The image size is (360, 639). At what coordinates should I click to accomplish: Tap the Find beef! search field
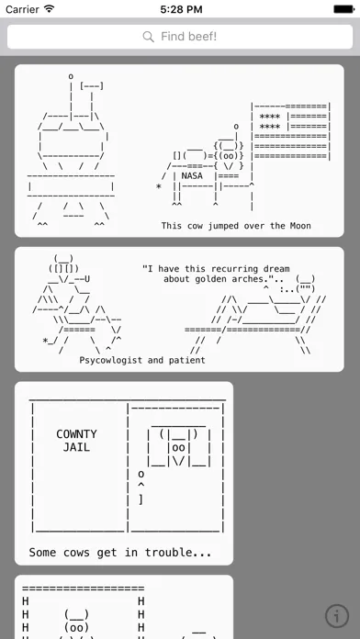tap(180, 37)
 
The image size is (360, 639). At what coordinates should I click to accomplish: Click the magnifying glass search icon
tap(149, 37)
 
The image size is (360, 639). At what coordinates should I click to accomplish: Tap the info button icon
tap(337, 615)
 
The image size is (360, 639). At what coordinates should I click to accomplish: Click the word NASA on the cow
tap(192, 175)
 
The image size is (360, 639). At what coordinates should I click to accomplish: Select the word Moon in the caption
tap(301, 226)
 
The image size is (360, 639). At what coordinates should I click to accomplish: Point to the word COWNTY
tap(76, 434)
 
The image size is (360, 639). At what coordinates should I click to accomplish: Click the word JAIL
tap(76, 447)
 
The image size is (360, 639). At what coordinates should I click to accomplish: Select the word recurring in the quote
tap(232, 269)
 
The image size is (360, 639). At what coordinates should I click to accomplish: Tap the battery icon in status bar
tap(343, 9)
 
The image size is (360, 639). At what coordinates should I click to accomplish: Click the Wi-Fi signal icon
tap(50, 9)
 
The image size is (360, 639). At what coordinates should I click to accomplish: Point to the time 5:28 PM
tap(181, 9)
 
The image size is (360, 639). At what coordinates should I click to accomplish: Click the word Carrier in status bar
tap(23, 9)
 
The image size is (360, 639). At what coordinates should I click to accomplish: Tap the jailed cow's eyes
tap(178, 447)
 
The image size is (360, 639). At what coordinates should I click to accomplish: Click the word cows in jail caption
tap(76, 553)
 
